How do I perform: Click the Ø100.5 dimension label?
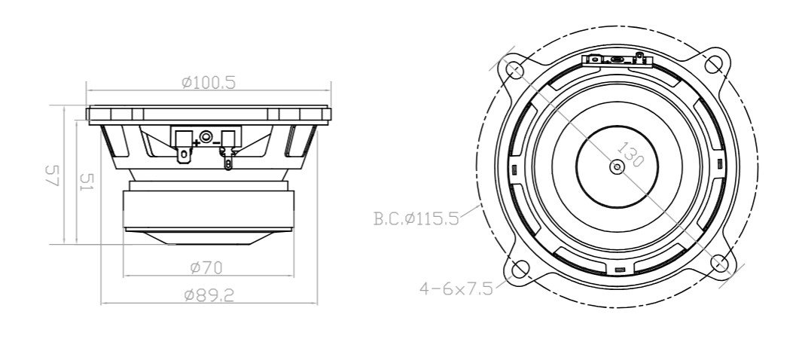(209, 82)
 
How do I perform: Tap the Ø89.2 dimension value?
(209, 295)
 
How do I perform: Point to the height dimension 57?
(52, 177)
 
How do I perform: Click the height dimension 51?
(85, 182)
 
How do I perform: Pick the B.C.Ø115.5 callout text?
(416, 220)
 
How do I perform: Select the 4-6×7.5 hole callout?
(456, 288)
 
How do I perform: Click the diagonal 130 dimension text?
(631, 154)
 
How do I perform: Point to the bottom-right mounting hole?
(719, 263)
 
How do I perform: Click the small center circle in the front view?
(617, 166)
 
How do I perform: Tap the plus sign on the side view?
(197, 141)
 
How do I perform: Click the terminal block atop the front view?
(616, 59)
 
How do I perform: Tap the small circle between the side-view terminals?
(206, 137)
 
